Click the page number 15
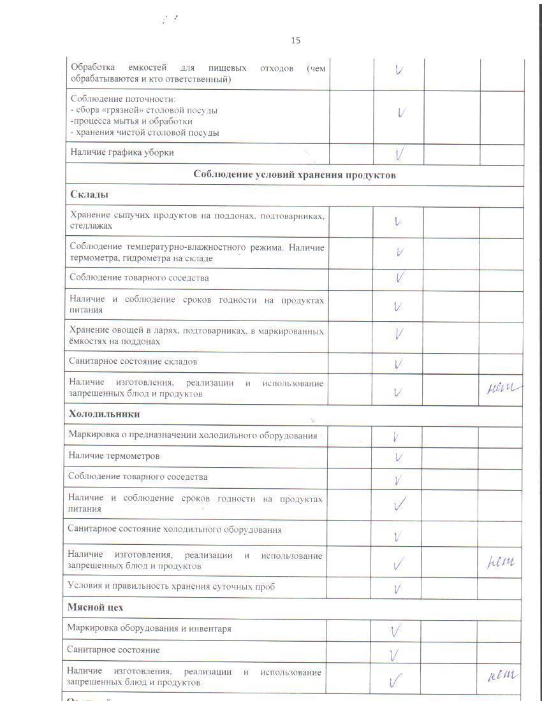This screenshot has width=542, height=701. tap(295, 40)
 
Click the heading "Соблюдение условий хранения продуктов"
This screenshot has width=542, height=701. tap(295, 175)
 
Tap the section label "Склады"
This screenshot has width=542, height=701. tap(89, 194)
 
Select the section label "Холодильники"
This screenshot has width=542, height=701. tap(104, 414)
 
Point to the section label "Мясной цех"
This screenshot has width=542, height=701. tap(95, 607)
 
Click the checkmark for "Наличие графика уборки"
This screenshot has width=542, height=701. tap(400, 154)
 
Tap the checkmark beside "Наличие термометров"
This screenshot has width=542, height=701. tap(399, 457)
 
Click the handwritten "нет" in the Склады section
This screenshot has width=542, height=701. tap(502, 387)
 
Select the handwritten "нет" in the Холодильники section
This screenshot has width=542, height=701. tap(501, 561)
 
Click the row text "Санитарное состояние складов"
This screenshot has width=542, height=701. tap(133, 361)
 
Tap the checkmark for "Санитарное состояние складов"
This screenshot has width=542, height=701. tap(399, 364)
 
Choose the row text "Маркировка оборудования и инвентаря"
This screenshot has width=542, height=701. tap(149, 628)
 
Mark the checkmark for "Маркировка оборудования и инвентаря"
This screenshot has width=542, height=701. tap(395, 630)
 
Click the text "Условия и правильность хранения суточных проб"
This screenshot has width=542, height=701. tap(171, 586)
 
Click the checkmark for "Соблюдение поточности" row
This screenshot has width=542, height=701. tap(401, 113)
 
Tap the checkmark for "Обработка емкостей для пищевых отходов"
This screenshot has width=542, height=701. tap(399, 69)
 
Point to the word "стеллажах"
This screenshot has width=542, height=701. tap(91, 226)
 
